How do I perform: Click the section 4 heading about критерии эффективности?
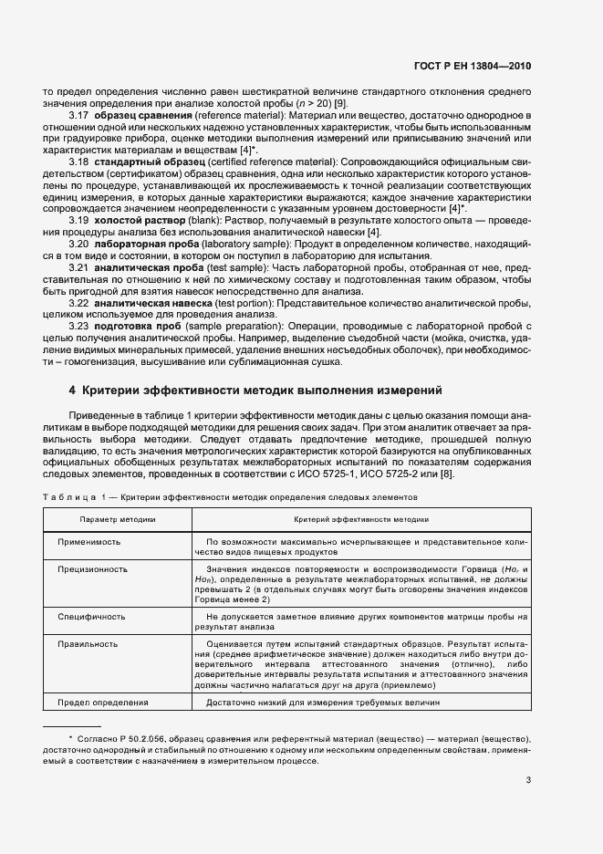click(x=256, y=391)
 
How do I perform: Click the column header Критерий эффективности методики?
click(x=361, y=517)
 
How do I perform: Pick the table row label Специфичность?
click(x=91, y=616)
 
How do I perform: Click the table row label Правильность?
click(x=88, y=643)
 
